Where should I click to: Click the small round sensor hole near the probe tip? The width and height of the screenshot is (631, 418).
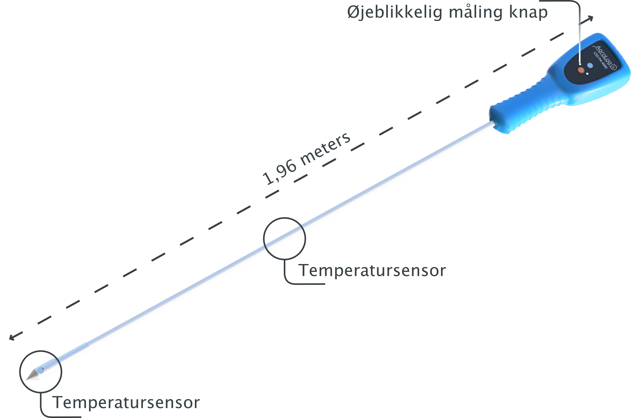click(41, 370)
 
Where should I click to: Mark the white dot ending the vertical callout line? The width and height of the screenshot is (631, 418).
click(580, 64)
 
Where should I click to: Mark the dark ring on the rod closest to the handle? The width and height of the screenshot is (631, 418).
click(302, 228)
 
